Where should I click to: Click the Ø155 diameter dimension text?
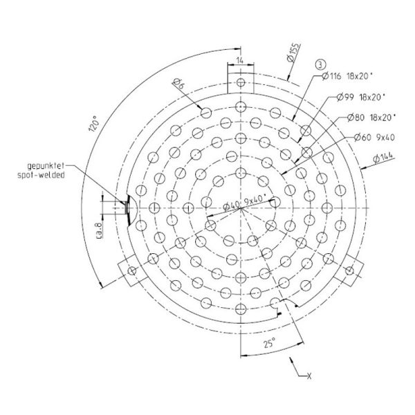coord(294,53)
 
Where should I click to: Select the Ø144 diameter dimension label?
coord(383,157)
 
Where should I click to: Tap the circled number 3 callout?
coord(320,64)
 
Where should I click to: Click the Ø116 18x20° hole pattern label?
coord(347,76)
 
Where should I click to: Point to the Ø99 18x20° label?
coord(361,97)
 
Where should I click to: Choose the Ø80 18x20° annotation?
coord(371,118)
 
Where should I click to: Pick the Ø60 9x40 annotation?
coord(374,137)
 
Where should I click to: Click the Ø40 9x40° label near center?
coord(245,203)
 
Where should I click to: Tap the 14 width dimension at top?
coord(240,60)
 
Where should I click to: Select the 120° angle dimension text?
coord(95,123)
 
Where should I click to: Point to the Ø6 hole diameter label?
coord(179,84)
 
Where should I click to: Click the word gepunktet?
coord(46,166)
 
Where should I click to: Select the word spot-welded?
coord(41,175)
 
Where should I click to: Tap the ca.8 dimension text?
coord(99,230)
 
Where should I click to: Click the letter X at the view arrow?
coord(309,376)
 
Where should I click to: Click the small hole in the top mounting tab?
coord(241,82)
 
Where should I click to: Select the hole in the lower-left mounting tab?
coord(132,270)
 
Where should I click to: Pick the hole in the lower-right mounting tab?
coord(349,270)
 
